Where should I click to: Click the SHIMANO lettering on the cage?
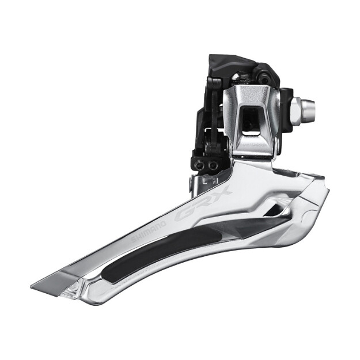tap(148, 232)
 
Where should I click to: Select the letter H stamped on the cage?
tap(215, 181)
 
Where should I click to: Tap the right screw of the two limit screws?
tap(213, 164)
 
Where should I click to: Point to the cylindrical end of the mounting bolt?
tap(309, 109)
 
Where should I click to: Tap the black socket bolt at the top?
tap(264, 79)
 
